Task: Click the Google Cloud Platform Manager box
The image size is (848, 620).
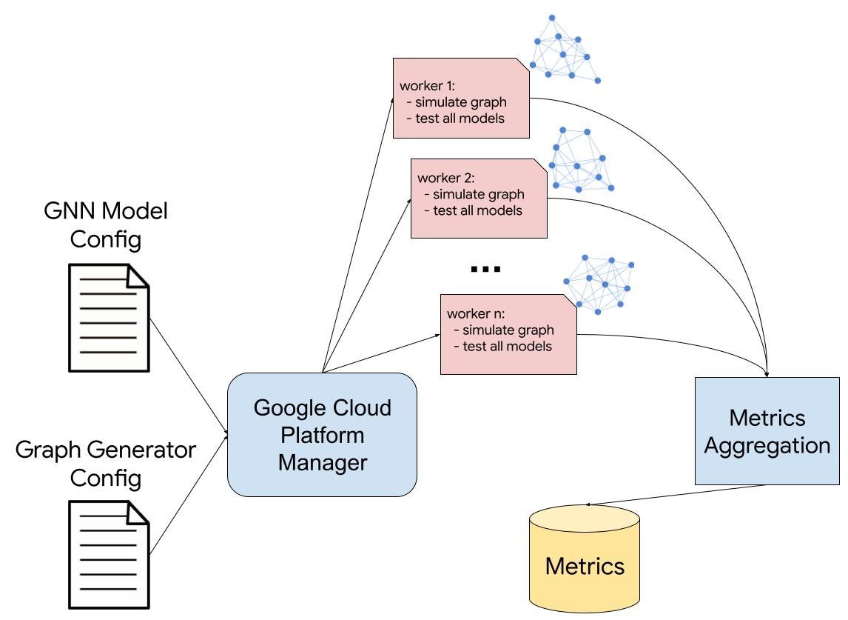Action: coord(322,434)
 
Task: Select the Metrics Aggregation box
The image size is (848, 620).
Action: coord(767,431)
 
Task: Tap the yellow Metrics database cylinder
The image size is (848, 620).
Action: coord(585,559)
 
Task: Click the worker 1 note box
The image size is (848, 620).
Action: coord(461,98)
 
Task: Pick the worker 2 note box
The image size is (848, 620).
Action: coord(479,199)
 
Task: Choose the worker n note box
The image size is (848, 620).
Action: coord(508,334)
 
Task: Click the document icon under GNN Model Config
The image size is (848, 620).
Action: coord(109,318)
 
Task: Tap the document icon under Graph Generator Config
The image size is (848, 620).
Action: coord(109,555)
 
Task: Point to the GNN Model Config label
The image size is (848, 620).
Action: coord(106,224)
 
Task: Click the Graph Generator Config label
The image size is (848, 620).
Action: coord(106,464)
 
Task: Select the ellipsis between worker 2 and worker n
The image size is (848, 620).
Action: coord(485,269)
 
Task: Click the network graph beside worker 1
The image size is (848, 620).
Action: coord(565,50)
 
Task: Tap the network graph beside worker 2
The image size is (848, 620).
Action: coord(581,160)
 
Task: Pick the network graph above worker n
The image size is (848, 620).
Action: coord(599,284)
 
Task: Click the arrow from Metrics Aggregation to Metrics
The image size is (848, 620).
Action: coord(676,495)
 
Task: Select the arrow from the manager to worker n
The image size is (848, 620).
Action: coord(381,353)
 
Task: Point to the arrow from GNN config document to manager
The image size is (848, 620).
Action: coord(189,377)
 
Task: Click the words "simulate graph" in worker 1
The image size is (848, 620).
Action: coord(461,102)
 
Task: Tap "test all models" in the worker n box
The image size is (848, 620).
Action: coord(508,347)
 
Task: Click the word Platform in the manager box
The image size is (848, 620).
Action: coord(323,436)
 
